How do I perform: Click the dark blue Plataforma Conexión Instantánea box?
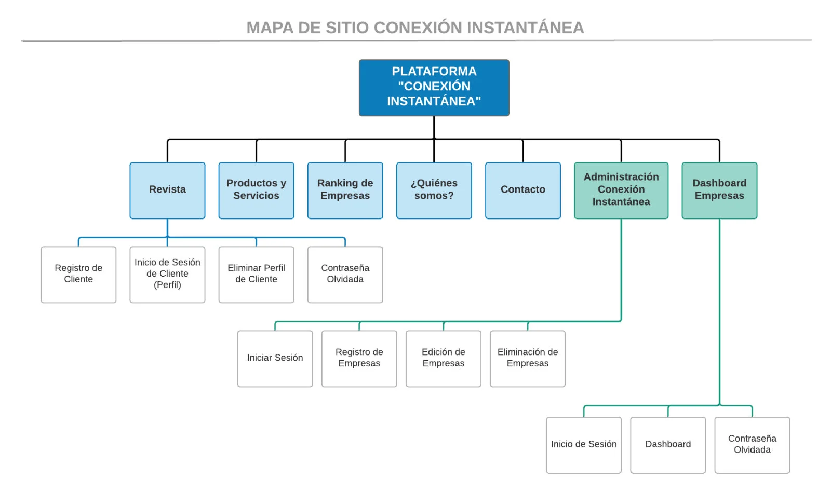pos(434,87)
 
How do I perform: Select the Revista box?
pos(167,190)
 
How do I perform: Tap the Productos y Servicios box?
pos(256,190)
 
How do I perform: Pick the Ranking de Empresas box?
pos(345,190)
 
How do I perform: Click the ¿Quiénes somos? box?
pos(434,190)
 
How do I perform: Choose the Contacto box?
pos(522,190)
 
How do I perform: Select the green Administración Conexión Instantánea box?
pos(621,190)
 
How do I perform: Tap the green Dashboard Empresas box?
pos(719,190)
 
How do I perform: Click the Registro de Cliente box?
pos(78,274)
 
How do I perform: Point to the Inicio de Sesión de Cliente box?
pos(167,274)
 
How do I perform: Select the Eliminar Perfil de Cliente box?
pos(256,274)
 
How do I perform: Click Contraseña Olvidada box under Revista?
pos(345,274)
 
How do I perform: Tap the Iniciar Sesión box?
pos(275,358)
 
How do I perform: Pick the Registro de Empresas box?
pos(359,358)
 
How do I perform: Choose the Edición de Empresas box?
pos(443,358)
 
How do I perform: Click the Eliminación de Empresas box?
pos(527,358)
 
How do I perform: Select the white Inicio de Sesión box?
pos(583,445)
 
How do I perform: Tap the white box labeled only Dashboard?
pos(667,445)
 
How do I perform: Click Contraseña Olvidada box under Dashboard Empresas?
pos(752,445)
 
